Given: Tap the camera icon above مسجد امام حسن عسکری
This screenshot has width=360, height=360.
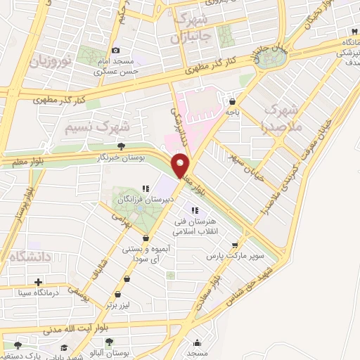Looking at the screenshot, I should coord(116,51).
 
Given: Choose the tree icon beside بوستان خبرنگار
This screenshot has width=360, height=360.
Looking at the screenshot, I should coord(122,147).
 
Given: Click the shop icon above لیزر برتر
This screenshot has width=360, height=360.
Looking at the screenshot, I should coord(127,295).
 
